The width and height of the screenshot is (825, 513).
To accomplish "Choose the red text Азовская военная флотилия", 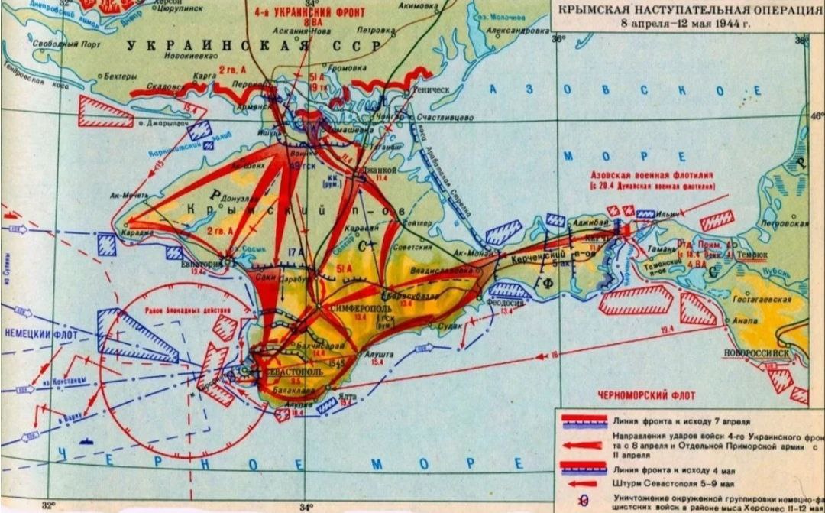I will (651, 175).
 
